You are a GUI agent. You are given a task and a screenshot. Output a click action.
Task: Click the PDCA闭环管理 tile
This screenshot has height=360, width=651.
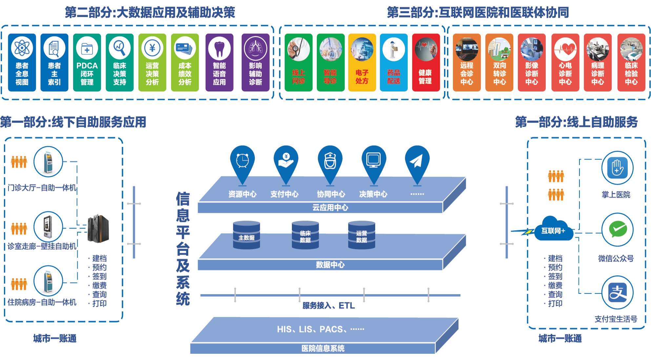coord(87,62)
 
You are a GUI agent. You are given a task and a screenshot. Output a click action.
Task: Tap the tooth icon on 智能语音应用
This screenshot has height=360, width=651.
coord(219,49)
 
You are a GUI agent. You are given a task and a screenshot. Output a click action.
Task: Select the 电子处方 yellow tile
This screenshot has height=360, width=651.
coord(362,62)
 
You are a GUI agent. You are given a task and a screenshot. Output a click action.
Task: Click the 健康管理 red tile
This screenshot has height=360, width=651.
coord(425,62)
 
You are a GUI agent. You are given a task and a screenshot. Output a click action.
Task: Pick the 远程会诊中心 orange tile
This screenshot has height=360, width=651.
coord(467,62)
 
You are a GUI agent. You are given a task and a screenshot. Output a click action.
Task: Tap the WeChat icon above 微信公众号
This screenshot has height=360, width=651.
coord(618,230)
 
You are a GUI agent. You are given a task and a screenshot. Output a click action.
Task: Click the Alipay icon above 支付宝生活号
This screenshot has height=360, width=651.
coord(618,292)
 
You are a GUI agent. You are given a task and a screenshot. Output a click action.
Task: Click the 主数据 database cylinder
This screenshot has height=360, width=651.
coord(247,235)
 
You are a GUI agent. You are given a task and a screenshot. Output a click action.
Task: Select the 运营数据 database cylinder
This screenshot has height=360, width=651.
coord(362,235)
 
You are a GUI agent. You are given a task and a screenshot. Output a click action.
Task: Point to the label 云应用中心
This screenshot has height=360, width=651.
coord(330,208)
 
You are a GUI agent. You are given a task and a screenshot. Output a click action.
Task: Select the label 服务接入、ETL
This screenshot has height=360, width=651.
coord(329,306)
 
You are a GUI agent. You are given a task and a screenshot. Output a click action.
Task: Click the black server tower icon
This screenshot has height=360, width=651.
coord(98,229)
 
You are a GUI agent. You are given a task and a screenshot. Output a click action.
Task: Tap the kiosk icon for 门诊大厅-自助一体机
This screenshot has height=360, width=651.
coord(48,162)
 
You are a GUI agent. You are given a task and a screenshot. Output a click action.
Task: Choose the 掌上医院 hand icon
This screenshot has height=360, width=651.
coord(617,168)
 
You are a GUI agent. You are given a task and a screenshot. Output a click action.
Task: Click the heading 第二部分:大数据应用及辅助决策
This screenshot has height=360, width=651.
coord(150,12)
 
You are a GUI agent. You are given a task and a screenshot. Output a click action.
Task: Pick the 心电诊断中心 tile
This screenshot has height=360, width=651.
coord(565,62)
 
